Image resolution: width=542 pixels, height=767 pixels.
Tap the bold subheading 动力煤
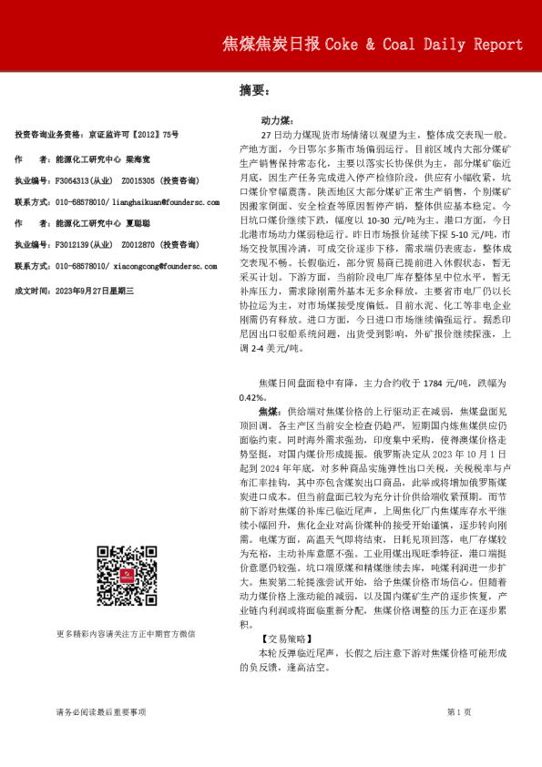pyautogui.click(x=276, y=120)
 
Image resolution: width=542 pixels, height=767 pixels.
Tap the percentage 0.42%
pyautogui.click(x=252, y=398)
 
